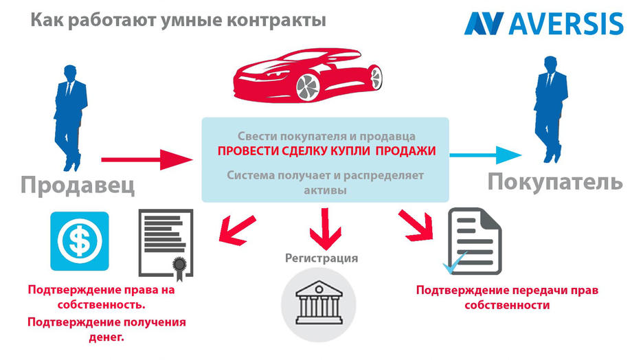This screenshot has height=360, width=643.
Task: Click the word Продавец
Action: tap(77, 185)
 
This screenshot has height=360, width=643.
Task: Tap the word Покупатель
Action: tap(555, 182)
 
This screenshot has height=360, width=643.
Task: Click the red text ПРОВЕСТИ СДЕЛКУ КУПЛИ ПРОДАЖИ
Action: tap(326, 151)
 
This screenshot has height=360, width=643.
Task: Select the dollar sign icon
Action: tap(80, 240)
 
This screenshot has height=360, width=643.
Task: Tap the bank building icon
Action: tap(321, 303)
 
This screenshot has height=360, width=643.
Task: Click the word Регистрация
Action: tap(321, 258)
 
